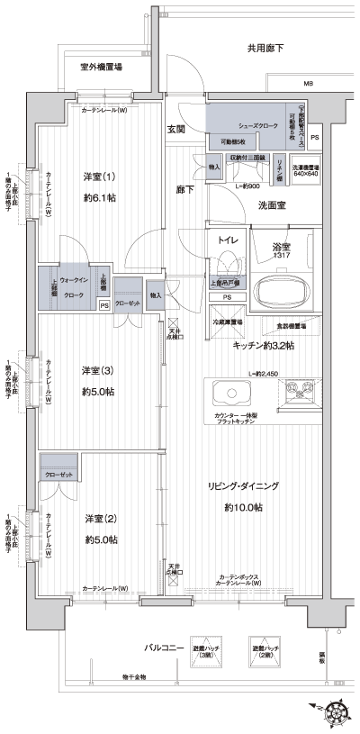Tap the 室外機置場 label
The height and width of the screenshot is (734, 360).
pos(101,67)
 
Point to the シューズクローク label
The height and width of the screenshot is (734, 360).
pos(255,125)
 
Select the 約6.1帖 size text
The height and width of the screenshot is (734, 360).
pos(100,197)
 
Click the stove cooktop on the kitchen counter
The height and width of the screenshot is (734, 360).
pos(300,391)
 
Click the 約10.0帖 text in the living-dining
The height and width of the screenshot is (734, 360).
pos(244,508)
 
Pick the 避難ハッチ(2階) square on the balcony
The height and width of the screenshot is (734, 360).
pos(265,653)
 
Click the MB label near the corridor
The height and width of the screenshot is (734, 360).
pos(308,84)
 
